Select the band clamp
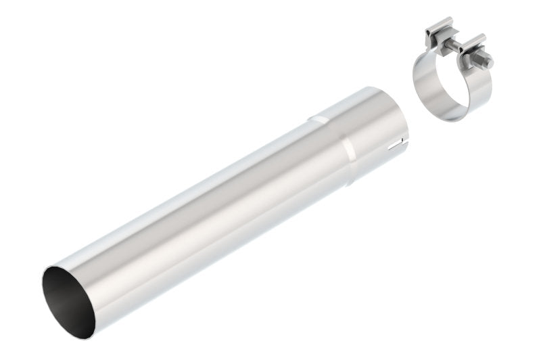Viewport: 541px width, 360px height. (x=450, y=81)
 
